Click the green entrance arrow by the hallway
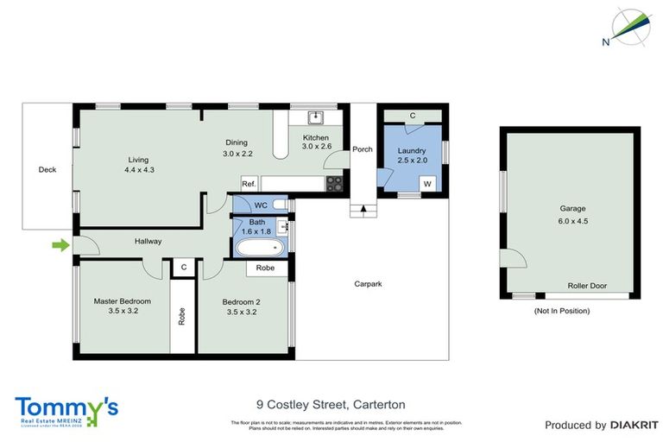60,246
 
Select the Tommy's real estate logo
66,410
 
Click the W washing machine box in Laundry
427,184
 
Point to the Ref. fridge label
249,184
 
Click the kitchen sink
316,117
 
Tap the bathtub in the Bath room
258,248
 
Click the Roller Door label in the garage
586,286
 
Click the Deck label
47,170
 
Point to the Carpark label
368,283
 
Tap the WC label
260,205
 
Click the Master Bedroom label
122,301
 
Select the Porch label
363,149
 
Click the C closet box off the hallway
183,268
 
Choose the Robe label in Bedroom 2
266,268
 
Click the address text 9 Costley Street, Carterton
331,404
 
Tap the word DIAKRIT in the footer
635,425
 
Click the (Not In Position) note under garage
562,310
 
